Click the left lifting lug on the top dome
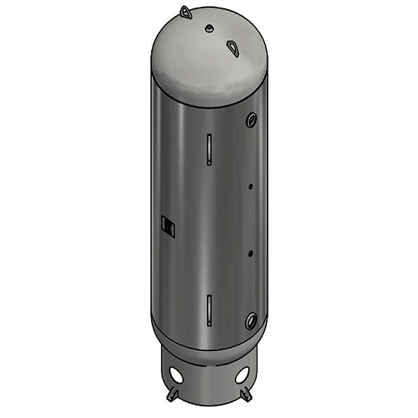point(185,12)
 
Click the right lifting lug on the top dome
point(233,47)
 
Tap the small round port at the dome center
point(208,28)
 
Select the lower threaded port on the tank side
point(251,320)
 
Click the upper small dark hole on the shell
point(249,186)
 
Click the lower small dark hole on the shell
point(249,254)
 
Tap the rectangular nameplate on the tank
point(168,224)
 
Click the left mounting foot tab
point(171,395)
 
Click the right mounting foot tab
point(245,395)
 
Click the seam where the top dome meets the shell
point(209,105)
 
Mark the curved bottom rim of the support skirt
point(209,405)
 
